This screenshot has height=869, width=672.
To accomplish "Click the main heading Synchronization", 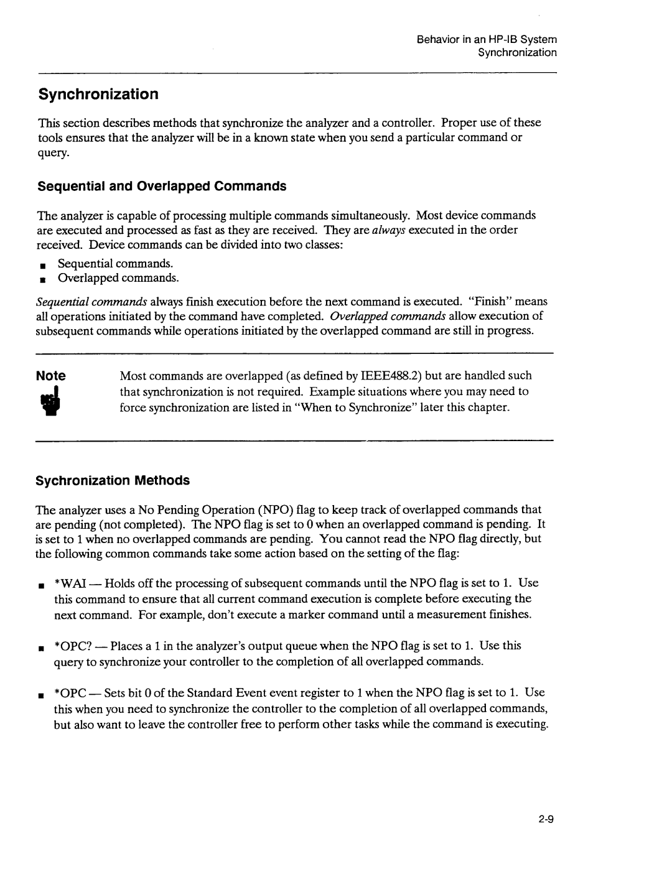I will (98, 95).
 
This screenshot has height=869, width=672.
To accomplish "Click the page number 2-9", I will (547, 819).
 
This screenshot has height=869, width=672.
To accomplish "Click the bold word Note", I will (50, 376).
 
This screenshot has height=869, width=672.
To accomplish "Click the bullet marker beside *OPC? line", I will (40, 648).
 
